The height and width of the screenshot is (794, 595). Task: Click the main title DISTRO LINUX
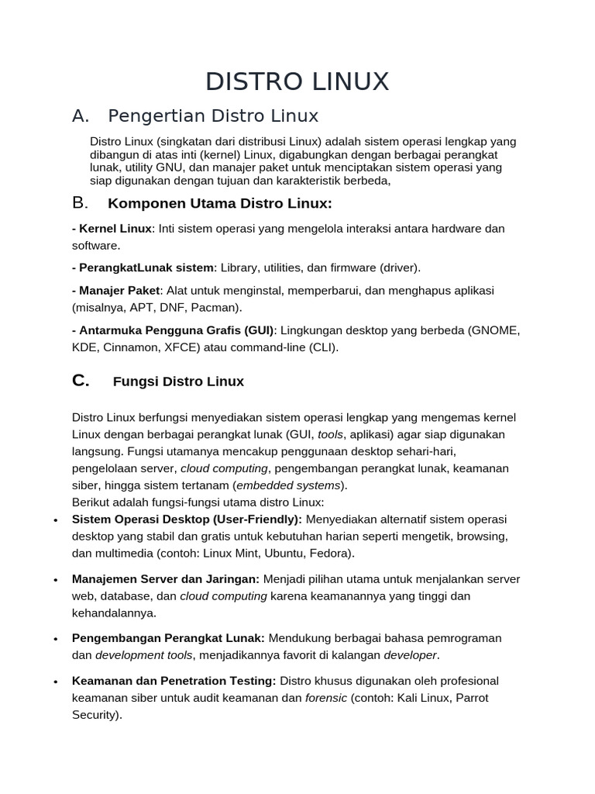pos(297,81)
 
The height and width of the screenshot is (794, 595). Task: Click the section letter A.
pos(81,116)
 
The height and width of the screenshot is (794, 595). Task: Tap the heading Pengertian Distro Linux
pos(213,116)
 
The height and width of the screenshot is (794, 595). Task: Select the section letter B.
pos(81,203)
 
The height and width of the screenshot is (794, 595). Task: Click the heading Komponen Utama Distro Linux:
pos(220,204)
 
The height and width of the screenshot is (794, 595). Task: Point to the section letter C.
pos(81,381)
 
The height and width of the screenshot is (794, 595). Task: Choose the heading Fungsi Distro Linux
pos(178,381)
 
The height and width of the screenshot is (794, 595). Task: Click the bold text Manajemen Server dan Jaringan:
pos(166,579)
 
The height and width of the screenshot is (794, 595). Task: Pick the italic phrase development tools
pos(143,655)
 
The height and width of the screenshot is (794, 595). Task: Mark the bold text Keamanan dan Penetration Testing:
pos(174,681)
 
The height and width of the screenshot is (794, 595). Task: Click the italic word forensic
pos(325,698)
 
